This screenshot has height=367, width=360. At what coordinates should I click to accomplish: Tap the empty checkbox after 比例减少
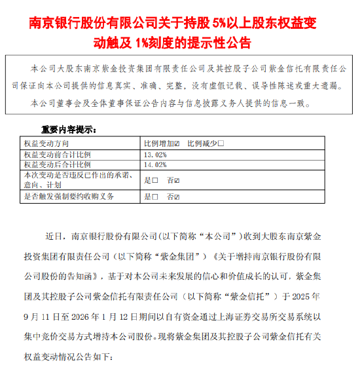[x=221, y=144]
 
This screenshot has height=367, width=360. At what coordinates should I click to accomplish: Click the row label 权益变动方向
[x=46, y=144]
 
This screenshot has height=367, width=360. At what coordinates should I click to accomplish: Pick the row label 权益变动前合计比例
[x=56, y=155]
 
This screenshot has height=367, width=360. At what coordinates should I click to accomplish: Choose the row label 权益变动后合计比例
[x=56, y=165]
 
